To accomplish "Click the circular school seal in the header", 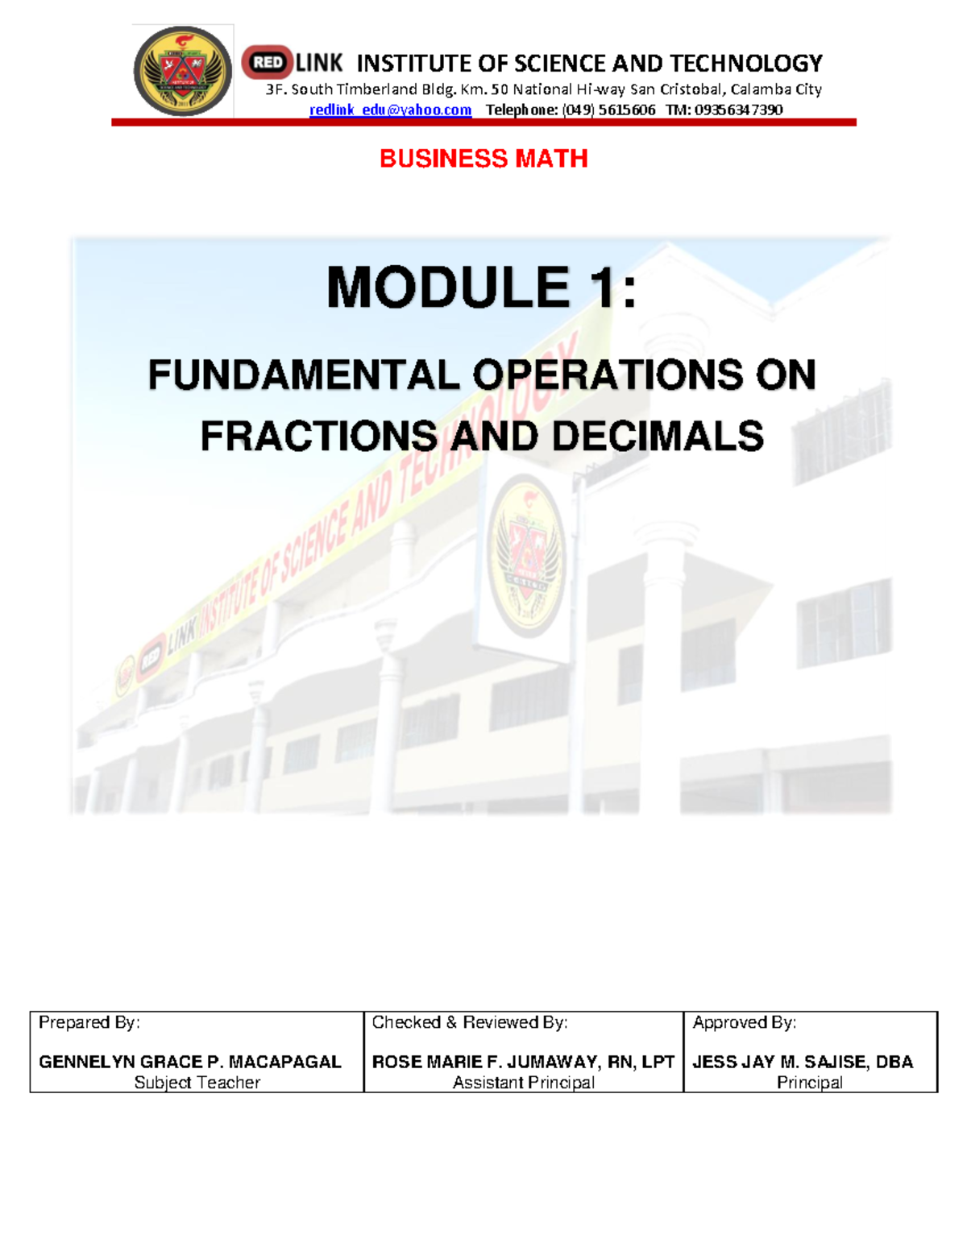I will click(x=182, y=71).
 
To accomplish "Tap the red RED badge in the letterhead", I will click(x=268, y=62).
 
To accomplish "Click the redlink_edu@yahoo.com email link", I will click(x=390, y=110).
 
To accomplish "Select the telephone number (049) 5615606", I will click(x=609, y=110).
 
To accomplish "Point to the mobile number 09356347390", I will click(x=738, y=110).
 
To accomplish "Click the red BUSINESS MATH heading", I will click(x=483, y=159).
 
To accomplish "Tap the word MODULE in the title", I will click(x=448, y=288).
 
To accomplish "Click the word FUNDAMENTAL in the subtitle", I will click(x=304, y=375).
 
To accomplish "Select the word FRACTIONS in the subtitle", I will click(x=318, y=437).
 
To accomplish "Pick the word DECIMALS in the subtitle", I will click(x=658, y=437).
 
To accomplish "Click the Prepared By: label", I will click(x=89, y=1022).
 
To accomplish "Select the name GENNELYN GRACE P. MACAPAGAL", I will click(x=190, y=1062).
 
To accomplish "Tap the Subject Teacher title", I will click(x=197, y=1083).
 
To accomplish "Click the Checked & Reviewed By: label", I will click(x=470, y=1022).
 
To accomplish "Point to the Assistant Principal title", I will click(x=524, y=1083).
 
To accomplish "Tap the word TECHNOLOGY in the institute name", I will click(x=745, y=63).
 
